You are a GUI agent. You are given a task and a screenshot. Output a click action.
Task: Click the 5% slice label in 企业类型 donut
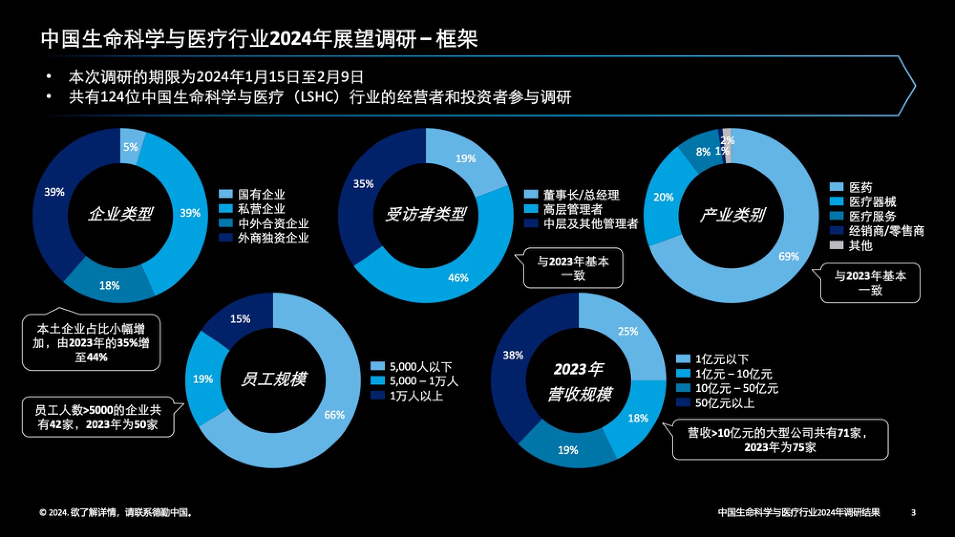(x=130, y=147)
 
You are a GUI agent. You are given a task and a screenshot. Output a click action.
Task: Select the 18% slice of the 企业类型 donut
(x=109, y=285)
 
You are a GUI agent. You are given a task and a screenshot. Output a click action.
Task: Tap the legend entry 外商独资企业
(x=273, y=238)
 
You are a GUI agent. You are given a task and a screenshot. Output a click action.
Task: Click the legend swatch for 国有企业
(x=225, y=194)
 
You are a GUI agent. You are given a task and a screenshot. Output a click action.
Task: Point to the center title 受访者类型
(x=425, y=214)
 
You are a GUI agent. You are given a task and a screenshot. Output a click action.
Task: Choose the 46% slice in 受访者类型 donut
(x=457, y=277)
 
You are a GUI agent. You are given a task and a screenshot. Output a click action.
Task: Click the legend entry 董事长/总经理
(x=581, y=195)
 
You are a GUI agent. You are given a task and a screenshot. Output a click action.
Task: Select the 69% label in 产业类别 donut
(x=788, y=256)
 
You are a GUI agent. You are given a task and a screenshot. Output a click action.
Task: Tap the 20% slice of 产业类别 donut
(x=663, y=197)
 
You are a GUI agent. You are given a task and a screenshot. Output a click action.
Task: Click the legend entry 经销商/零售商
(x=886, y=231)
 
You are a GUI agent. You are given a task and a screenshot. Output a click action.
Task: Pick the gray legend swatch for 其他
(x=836, y=245)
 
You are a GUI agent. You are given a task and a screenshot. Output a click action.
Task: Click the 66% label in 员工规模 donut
(x=334, y=415)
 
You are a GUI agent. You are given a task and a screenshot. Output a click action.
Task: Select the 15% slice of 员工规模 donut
(x=240, y=318)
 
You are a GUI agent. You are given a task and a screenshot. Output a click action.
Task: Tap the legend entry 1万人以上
(x=416, y=396)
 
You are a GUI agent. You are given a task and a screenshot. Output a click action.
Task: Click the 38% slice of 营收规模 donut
(x=513, y=355)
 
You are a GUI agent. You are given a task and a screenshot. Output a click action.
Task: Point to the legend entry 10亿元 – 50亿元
(x=737, y=389)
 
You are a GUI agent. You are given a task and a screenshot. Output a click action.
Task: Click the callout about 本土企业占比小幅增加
(x=91, y=342)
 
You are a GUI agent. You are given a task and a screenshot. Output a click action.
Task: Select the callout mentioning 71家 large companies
(x=780, y=440)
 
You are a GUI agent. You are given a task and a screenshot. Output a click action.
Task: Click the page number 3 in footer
(x=913, y=513)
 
